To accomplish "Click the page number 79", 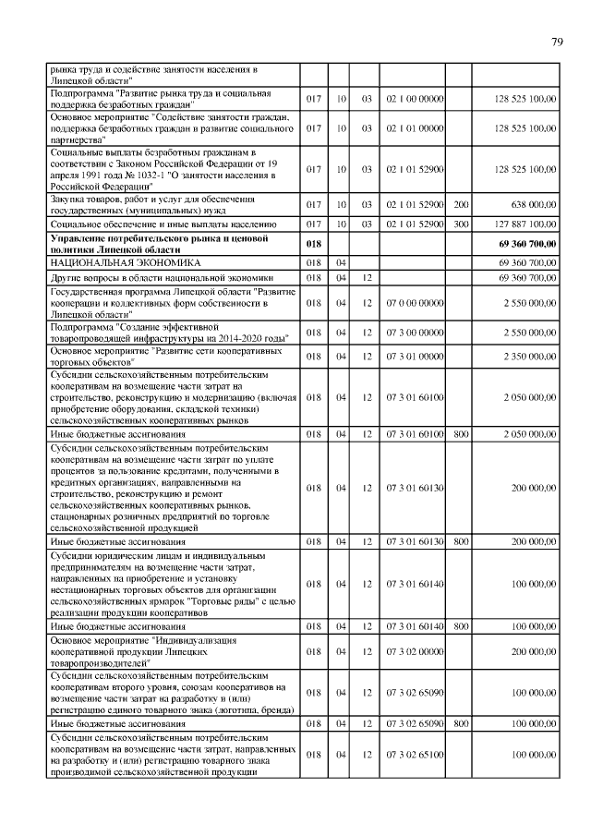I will pyautogui.click(x=558, y=42).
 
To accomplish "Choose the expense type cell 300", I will pyautogui.click(x=459, y=224).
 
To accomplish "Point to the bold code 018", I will pyautogui.click(x=312, y=243).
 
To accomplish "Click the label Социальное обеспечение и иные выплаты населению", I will pyautogui.click(x=163, y=224).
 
